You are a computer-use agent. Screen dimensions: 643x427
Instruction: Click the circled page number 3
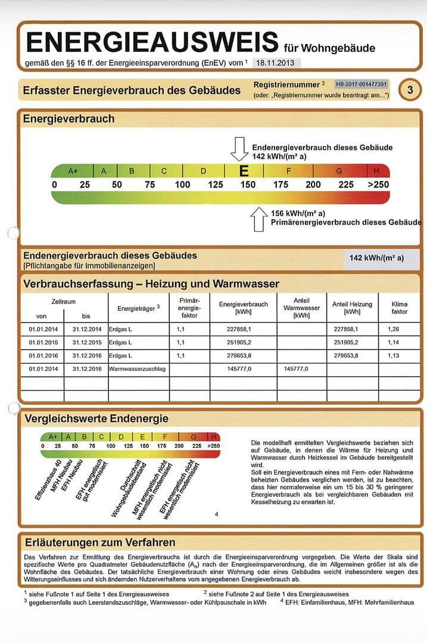click(x=410, y=90)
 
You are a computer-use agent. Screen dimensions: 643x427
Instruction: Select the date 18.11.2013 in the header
click(x=276, y=63)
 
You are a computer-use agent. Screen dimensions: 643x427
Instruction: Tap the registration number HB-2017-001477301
click(x=361, y=85)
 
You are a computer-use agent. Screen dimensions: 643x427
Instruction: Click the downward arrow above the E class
click(x=239, y=149)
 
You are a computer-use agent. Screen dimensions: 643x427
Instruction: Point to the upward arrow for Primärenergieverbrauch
click(x=259, y=219)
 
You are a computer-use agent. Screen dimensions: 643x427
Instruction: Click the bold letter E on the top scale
click(x=243, y=171)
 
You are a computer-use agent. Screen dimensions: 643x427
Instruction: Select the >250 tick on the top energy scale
click(x=378, y=185)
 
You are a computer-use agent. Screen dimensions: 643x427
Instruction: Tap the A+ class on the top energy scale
click(x=73, y=171)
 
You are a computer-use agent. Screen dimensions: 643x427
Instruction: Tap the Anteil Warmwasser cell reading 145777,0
click(x=296, y=369)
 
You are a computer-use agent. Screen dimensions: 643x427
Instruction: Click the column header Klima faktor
click(x=399, y=307)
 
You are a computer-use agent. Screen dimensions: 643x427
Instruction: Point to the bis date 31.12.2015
click(x=87, y=343)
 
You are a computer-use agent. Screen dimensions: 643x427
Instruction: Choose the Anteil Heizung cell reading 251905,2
click(x=346, y=343)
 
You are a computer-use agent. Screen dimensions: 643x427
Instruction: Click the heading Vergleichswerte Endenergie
click(x=96, y=419)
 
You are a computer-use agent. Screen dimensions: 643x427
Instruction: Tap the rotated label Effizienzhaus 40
click(x=48, y=479)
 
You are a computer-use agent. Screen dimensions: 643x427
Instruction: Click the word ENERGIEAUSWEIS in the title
click(x=152, y=42)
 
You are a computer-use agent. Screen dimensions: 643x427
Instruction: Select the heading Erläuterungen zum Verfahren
click(x=100, y=542)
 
